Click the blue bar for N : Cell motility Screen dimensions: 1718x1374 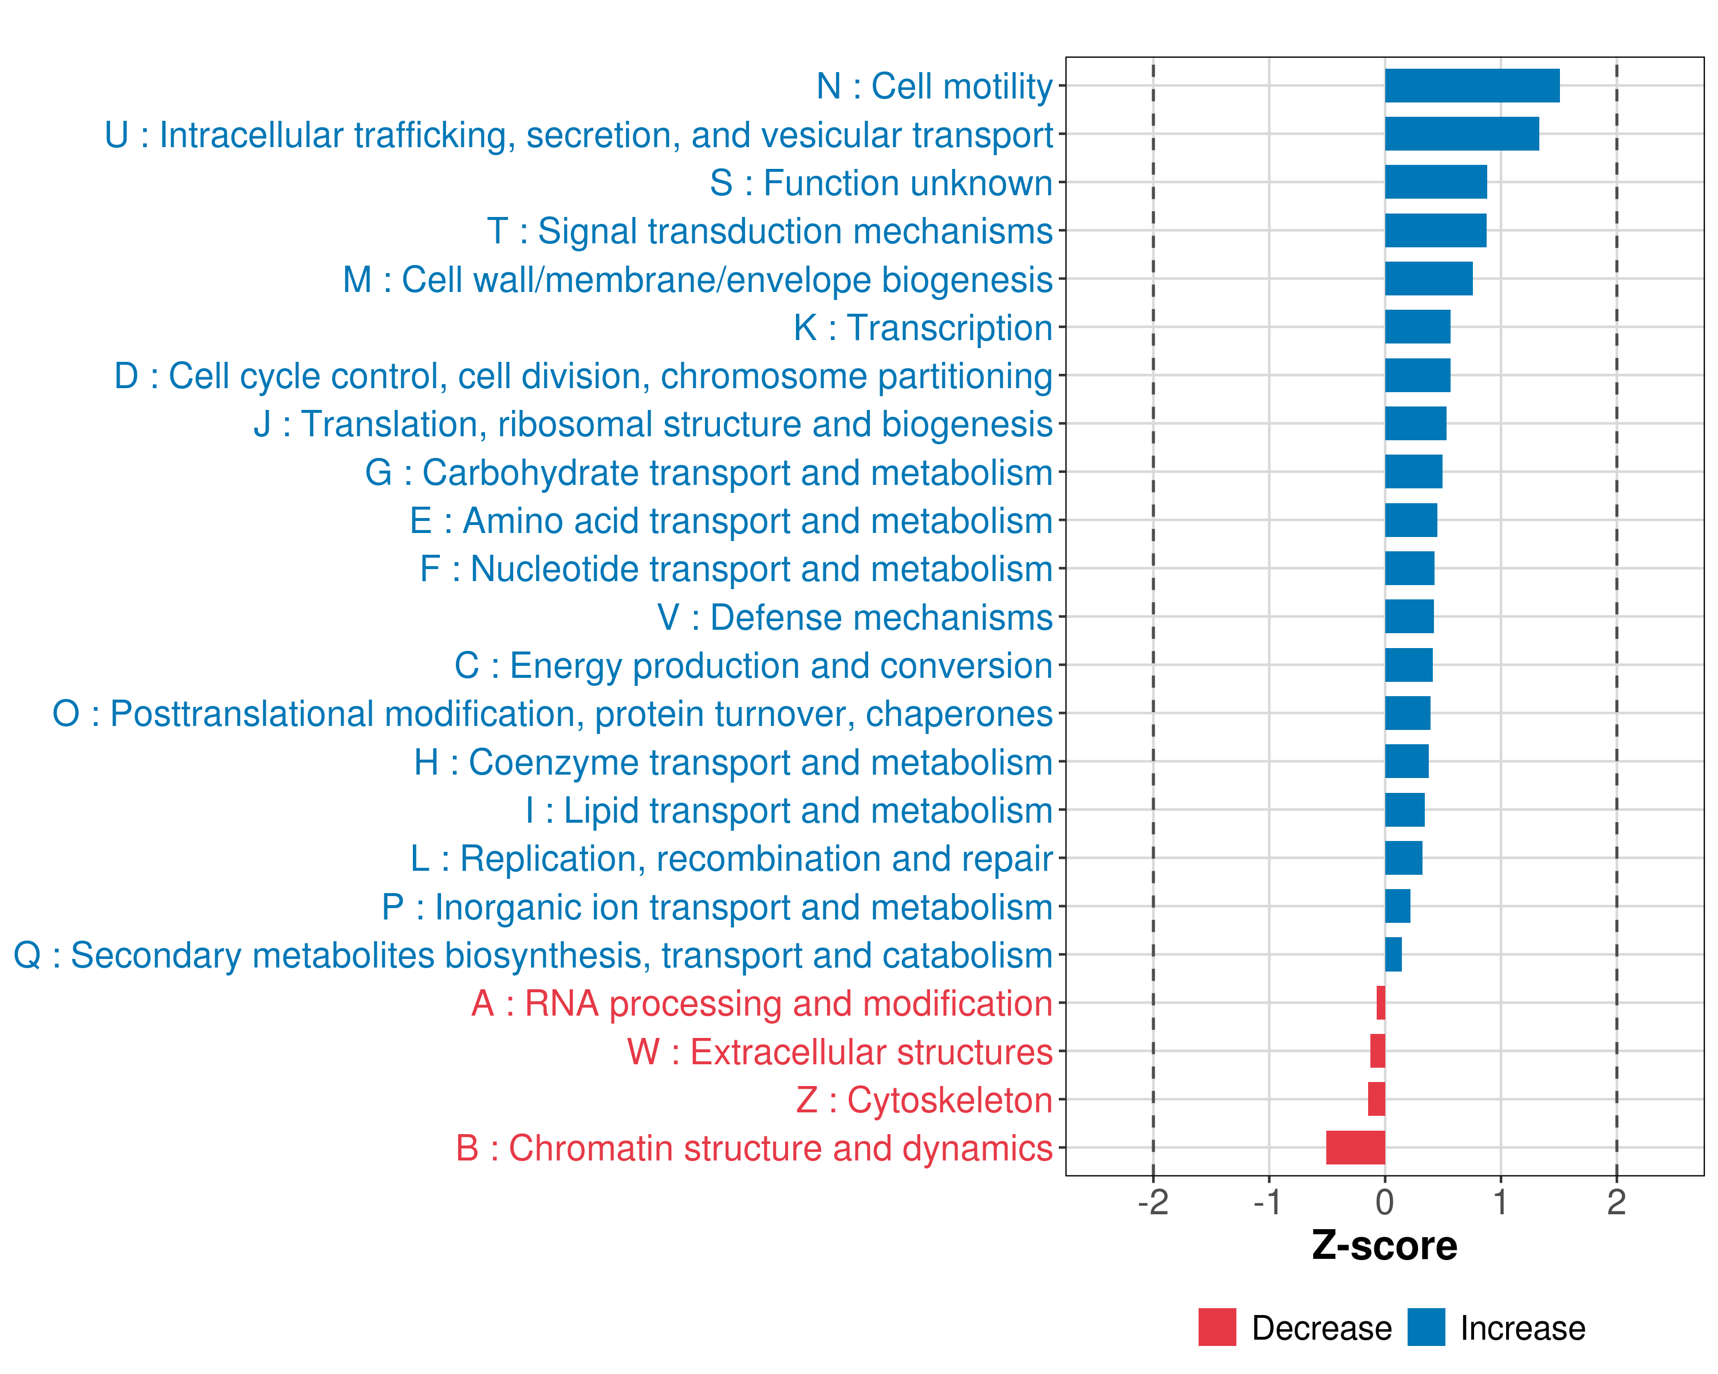(1472, 86)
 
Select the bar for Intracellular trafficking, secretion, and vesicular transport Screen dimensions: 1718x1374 (1461, 134)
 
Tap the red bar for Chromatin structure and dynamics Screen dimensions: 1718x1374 (1356, 1148)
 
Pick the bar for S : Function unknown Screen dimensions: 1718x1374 (1436, 183)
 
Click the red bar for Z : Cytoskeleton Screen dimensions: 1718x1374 (1376, 1099)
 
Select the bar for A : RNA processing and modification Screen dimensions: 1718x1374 (1381, 1003)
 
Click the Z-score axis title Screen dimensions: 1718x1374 (1385, 1246)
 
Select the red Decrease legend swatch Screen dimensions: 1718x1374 (1217, 1327)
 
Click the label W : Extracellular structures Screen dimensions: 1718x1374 (840, 1052)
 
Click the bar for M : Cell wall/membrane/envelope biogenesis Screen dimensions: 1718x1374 (1429, 279)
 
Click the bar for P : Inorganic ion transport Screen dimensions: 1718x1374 (1398, 906)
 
